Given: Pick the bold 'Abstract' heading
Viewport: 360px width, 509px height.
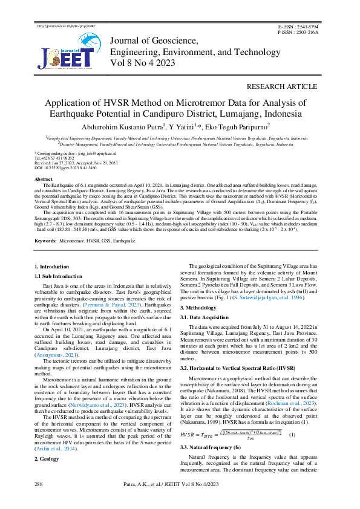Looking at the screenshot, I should [x=44, y=180].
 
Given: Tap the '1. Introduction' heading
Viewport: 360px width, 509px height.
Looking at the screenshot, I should [x=51, y=267].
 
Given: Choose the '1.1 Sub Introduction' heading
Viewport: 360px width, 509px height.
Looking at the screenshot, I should [x=59, y=276].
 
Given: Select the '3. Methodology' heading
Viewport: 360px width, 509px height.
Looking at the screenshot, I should [x=198, y=307].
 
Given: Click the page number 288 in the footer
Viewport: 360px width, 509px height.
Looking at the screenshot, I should [x=38, y=485].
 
